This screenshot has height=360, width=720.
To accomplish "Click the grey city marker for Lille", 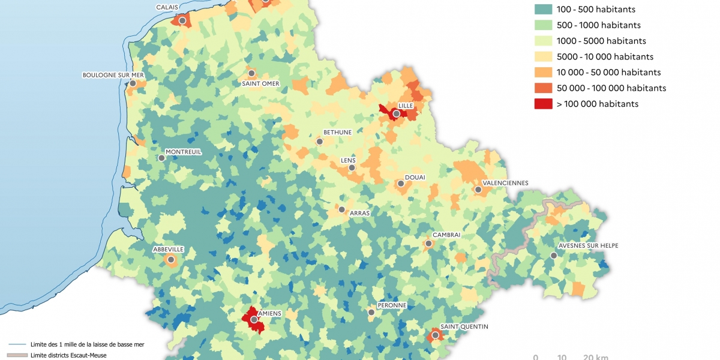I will (396, 113).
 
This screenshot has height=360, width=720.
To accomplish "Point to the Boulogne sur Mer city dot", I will (133, 83).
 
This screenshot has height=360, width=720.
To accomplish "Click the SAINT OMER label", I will (260, 83).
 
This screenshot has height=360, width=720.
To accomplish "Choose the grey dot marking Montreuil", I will (161, 158).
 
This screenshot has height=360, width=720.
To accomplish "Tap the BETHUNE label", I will (337, 132).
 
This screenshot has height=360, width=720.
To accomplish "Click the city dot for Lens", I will (352, 167).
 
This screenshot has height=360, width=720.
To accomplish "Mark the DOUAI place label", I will (415, 177).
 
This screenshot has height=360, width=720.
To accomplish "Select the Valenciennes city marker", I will (478, 190).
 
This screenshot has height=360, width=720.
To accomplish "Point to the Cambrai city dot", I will (428, 244).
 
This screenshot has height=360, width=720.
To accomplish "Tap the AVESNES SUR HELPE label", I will (588, 245).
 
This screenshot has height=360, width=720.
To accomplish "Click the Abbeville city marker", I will (171, 260).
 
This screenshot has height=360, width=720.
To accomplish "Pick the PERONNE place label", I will (391, 305).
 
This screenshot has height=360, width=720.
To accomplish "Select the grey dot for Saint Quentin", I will (435, 335).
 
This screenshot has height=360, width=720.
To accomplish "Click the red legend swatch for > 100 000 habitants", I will (544, 104).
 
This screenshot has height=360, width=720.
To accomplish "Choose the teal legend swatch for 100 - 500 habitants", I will (544, 10).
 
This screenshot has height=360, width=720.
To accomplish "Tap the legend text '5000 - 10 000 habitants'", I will (605, 57).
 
